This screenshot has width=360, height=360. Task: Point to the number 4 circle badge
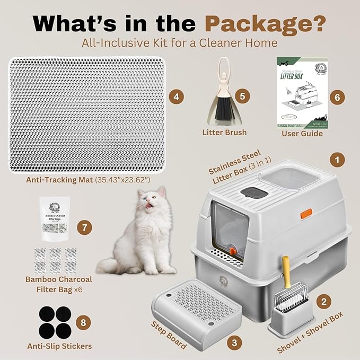point(176,97)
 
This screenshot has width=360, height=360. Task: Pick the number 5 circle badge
point(242,96)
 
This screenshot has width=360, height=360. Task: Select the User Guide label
point(302,134)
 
